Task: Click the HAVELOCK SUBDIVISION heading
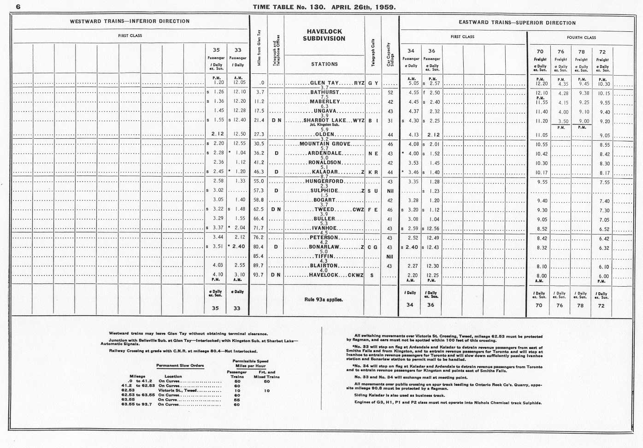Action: click(x=324, y=35)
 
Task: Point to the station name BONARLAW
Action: click(x=324, y=248)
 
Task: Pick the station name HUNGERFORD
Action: click(x=324, y=182)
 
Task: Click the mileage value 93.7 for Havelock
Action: click(x=258, y=275)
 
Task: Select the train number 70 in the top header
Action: click(x=540, y=52)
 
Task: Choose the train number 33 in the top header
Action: click(x=237, y=50)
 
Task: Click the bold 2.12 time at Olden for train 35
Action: click(x=218, y=134)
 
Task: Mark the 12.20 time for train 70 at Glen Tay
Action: click(x=542, y=84)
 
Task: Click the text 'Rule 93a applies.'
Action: click(x=324, y=300)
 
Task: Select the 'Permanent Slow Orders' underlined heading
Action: click(x=180, y=365)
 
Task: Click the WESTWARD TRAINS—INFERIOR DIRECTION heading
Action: click(x=130, y=21)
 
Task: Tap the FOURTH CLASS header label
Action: click(x=581, y=37)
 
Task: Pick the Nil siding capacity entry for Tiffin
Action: click(x=389, y=257)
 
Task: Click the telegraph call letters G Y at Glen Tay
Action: click(x=373, y=83)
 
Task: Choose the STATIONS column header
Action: click(x=324, y=65)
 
